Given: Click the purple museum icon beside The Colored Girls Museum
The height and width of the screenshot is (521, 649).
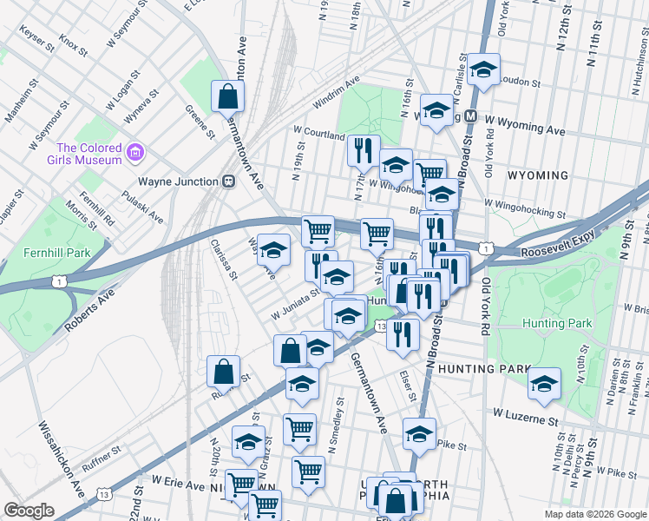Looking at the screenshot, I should coord(134,154).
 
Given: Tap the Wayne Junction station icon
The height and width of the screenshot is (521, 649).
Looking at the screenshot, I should coord(229,181).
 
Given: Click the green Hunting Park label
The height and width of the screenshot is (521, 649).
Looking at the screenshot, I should coord(557,323).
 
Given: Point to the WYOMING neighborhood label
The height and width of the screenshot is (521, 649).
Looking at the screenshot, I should coord(537,175).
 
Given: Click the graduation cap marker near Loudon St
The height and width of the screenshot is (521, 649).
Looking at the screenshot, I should coord(484,71).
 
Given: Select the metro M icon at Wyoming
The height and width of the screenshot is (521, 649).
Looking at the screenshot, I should coord(471,115).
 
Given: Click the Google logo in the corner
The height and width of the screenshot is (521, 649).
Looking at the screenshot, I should coord(29,511).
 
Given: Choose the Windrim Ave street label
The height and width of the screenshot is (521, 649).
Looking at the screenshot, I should coord(336,93).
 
